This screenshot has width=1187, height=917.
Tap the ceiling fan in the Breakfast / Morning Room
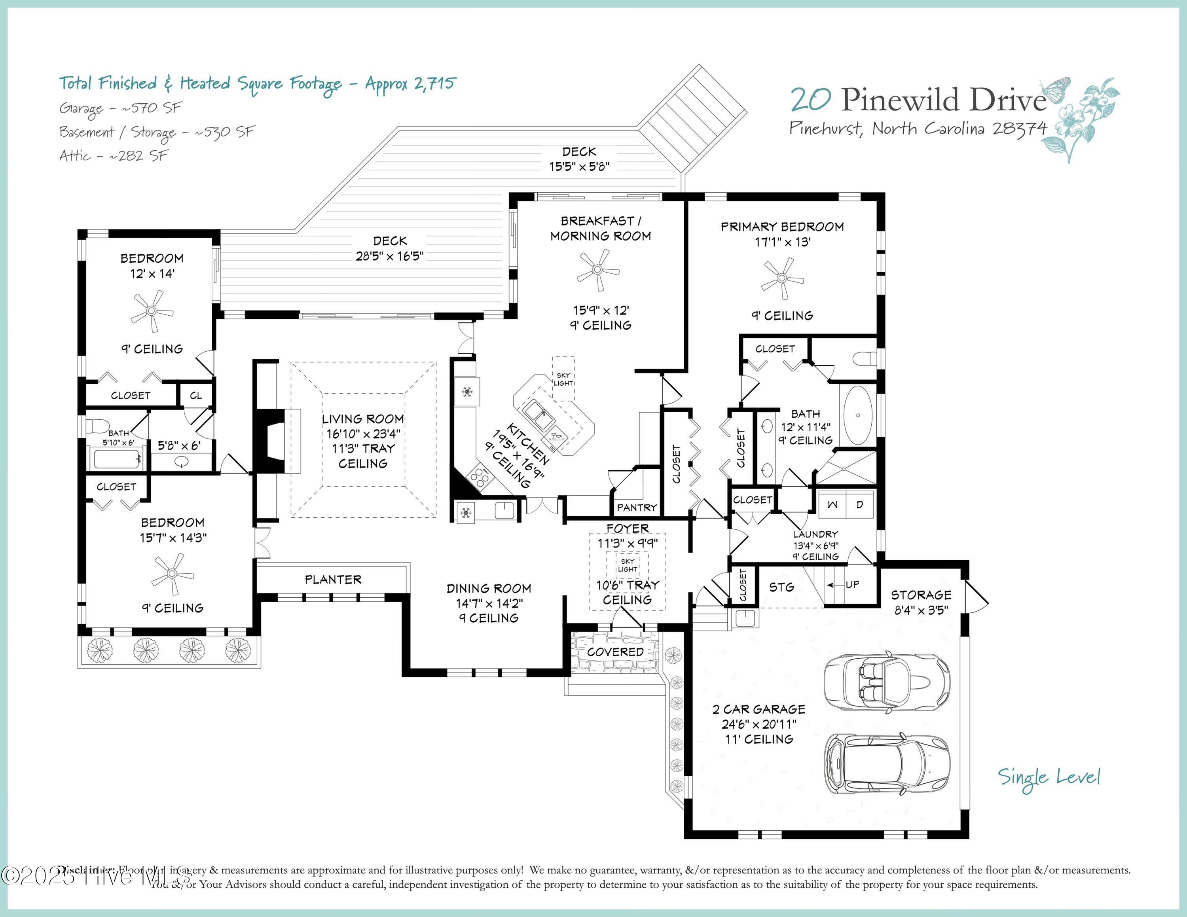(x=598, y=269)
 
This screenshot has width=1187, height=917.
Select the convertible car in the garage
(x=886, y=682)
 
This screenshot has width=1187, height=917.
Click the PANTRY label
(x=637, y=508)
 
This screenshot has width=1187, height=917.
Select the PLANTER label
(x=333, y=580)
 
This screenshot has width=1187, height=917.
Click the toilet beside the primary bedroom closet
(x=865, y=358)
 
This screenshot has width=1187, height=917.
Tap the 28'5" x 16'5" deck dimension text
(x=389, y=256)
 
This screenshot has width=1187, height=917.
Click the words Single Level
(x=1049, y=777)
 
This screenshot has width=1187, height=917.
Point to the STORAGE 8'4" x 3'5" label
(x=921, y=602)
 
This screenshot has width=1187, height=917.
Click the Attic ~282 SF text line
(x=114, y=156)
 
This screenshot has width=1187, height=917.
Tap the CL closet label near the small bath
(x=196, y=396)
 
